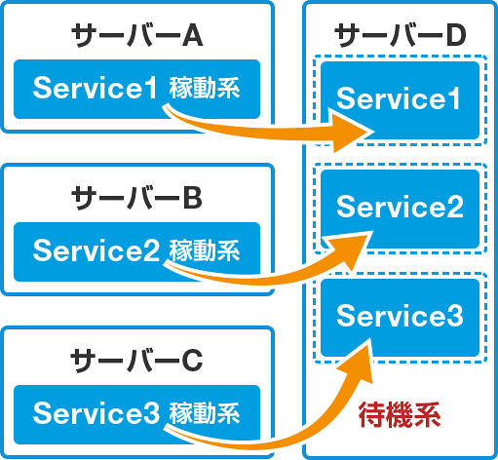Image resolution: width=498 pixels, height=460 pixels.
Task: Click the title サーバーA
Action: pyautogui.click(x=136, y=35)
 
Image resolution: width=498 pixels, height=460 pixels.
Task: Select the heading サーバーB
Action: pyautogui.click(x=136, y=198)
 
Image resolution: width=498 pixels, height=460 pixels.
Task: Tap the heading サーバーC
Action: pyautogui.click(x=136, y=361)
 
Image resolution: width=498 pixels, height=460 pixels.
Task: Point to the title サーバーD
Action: pyautogui.click(x=401, y=35)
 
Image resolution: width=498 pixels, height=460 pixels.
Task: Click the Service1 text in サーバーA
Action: pyautogui.click(x=96, y=88)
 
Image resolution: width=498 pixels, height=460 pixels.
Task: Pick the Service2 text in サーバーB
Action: pyautogui.click(x=96, y=250)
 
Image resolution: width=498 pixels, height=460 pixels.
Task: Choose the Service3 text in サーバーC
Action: pyautogui.click(x=96, y=412)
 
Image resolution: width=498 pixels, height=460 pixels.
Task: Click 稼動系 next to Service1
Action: pyautogui.click(x=205, y=88)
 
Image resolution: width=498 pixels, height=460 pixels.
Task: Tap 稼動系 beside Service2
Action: pyautogui.click(x=205, y=250)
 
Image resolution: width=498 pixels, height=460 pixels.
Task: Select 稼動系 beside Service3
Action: pyautogui.click(x=205, y=412)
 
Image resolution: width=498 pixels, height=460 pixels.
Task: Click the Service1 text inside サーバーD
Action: pyautogui.click(x=399, y=98)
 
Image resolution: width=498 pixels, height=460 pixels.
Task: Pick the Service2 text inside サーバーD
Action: pyautogui.click(x=400, y=207)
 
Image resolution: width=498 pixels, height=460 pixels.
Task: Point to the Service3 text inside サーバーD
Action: pyautogui.click(x=400, y=315)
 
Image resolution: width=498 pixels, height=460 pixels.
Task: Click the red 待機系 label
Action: pyautogui.click(x=400, y=415)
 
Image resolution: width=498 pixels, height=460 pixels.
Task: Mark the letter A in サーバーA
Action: pyautogui.click(x=192, y=35)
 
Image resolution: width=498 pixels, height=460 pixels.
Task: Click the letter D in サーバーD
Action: pyautogui.click(x=456, y=35)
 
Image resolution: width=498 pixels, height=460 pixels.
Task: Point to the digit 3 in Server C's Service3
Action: pyautogui.click(x=152, y=412)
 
